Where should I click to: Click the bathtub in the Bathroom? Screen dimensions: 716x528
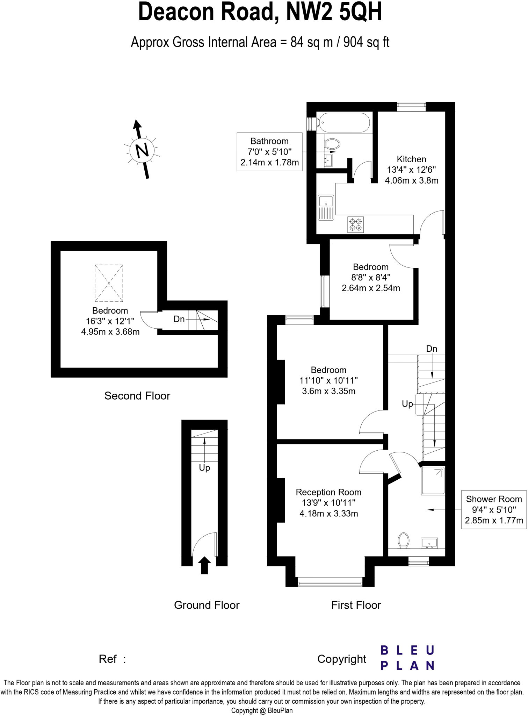coord(343,123)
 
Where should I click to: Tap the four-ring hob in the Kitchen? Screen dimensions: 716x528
coord(356,224)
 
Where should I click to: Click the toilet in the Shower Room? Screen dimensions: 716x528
coord(404,540)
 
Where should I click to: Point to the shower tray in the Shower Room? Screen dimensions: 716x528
coord(433,481)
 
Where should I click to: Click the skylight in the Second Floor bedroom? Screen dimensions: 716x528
coord(109,283)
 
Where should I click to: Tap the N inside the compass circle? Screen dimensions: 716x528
coord(142,150)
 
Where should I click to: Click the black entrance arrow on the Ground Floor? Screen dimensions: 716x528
coord(204,565)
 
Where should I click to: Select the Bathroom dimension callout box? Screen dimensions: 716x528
coord(269,152)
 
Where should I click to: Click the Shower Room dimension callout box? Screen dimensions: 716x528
coord(493,509)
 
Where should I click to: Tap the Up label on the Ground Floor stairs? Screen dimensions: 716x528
coord(204,468)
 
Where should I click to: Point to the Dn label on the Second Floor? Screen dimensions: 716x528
coord(179,319)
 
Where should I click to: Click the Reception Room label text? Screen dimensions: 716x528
coord(328,492)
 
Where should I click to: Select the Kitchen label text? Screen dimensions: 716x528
coord(411,159)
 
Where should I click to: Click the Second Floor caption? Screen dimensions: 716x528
coord(137,396)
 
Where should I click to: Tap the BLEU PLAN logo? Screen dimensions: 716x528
coord(407,658)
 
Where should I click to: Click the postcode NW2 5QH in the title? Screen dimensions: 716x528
coord(334,12)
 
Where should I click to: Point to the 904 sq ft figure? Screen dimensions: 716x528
coord(366,42)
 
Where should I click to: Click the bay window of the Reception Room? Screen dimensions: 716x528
coord(330,583)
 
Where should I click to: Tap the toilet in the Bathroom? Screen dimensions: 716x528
coord(332,144)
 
